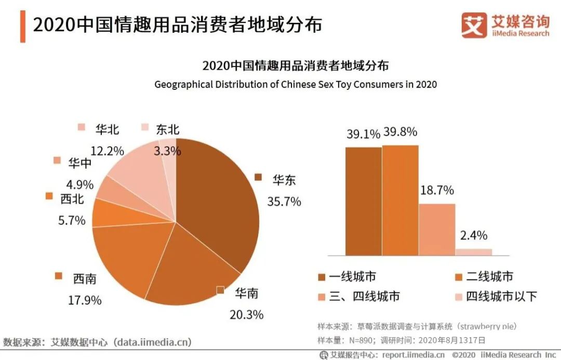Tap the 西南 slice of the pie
(125, 260)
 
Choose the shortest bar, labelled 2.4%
(473, 252)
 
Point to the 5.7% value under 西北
(72, 220)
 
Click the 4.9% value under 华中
(80, 184)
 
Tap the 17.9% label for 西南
(85, 300)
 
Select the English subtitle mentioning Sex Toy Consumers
(296, 84)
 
